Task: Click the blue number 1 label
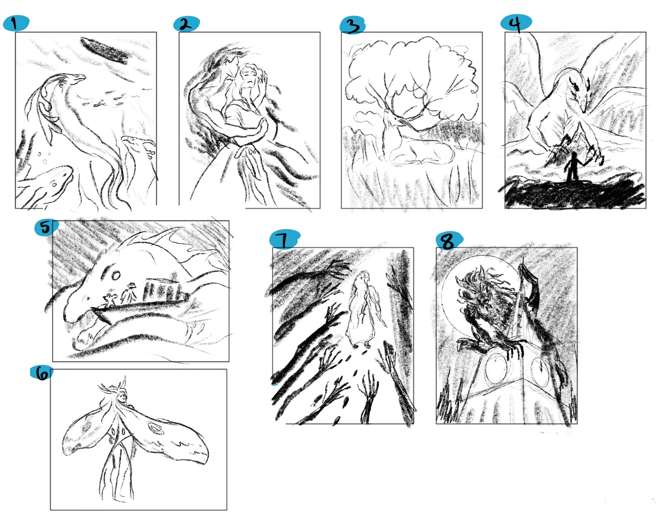point(16,23)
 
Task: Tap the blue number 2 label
point(186,24)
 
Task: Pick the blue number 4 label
point(516,23)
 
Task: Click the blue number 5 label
point(46,228)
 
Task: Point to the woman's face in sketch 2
point(248,79)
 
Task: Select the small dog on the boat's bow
point(109,299)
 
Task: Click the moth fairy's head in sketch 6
point(121,396)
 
